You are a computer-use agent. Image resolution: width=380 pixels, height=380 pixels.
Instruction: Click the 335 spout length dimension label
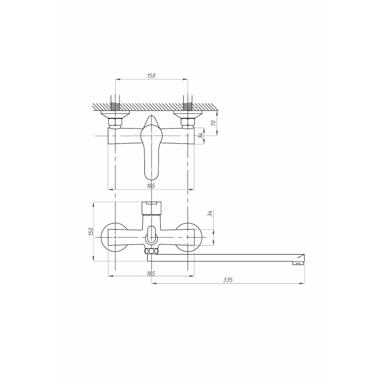(228, 280)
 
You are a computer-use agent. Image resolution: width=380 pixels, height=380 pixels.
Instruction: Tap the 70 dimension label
(213, 123)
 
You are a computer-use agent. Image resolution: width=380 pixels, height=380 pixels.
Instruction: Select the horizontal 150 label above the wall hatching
(151, 75)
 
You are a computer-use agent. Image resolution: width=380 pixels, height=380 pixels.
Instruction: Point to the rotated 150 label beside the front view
(91, 232)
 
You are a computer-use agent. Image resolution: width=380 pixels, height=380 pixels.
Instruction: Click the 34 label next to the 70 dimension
(200, 136)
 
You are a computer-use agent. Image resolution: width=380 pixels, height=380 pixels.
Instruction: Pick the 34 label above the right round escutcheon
(210, 213)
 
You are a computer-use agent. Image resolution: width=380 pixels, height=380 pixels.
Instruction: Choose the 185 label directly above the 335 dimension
(151, 274)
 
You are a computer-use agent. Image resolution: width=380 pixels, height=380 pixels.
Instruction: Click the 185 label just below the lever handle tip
(151, 186)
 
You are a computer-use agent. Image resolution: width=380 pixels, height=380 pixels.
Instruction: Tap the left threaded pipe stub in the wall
(115, 106)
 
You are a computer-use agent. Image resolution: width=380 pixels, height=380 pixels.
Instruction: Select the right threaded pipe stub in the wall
(188, 106)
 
